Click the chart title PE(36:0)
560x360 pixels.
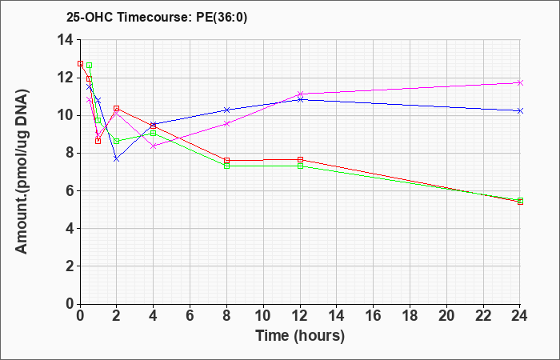(x=222, y=17)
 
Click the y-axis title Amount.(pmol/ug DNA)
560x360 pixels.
(x=22, y=171)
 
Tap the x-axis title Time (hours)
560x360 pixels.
(x=300, y=336)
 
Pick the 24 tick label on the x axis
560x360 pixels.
(x=520, y=316)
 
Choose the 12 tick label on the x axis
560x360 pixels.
(x=300, y=316)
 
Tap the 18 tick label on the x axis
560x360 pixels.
(x=410, y=316)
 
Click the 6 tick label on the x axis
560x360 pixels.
(x=190, y=316)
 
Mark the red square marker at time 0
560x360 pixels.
(x=80, y=63)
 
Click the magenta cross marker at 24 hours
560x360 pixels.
(x=520, y=82)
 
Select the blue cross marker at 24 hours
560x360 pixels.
(x=520, y=110)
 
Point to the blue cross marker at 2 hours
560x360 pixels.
(x=117, y=159)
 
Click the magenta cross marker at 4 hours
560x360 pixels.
(x=154, y=146)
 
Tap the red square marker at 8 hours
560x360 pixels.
(x=226, y=160)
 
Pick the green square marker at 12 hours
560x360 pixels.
(x=300, y=166)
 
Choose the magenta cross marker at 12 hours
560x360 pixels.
(x=300, y=94)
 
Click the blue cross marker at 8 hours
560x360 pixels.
(x=226, y=110)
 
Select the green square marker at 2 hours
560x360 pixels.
(x=117, y=141)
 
